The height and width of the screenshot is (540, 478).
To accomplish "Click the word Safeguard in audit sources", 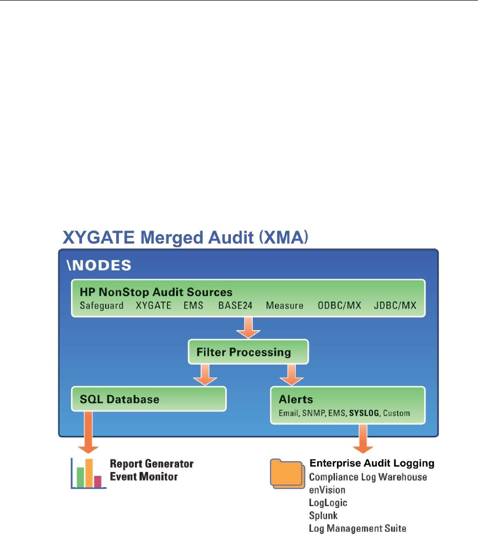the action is point(101,306).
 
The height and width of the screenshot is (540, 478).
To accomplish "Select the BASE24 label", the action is point(235,305).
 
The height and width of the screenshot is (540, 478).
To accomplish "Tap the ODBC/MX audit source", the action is point(339,305).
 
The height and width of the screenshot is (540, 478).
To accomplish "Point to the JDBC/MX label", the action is point(395,305).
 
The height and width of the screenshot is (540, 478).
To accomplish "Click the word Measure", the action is point(284,305).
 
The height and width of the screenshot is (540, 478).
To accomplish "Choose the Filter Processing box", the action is point(248,352).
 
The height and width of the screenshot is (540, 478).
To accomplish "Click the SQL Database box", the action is point(149,399).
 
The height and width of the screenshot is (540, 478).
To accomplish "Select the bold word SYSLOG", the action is point(364,413).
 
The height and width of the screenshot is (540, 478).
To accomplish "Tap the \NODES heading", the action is point(99,266).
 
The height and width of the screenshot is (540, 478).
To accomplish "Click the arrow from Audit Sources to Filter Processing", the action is point(248,328).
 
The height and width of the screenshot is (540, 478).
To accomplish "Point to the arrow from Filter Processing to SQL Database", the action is point(205,375).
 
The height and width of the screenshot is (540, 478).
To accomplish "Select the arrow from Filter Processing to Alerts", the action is point(292,375).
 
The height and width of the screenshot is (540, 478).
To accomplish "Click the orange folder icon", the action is point(288,473).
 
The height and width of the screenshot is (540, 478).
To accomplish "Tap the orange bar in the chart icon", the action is point(89,473).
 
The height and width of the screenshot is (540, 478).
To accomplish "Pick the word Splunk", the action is point(323,516).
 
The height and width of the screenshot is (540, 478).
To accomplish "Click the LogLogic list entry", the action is point(328,503).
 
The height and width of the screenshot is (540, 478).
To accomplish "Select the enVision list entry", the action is point(327,490).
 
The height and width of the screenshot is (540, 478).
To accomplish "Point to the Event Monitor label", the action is point(144,477).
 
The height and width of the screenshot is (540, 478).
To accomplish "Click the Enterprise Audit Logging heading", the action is point(372,463).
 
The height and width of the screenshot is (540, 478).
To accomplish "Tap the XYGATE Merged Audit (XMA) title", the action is point(185,237).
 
